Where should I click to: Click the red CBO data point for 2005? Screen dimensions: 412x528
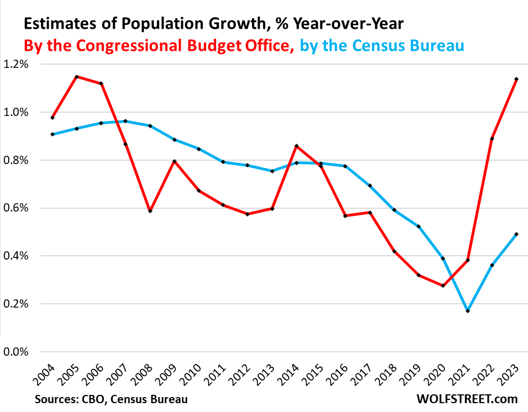tap(77, 77)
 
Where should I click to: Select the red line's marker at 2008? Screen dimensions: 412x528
tap(150, 211)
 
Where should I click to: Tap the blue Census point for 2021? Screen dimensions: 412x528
tap(468, 311)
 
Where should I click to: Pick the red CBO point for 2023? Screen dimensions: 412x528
tap(516, 79)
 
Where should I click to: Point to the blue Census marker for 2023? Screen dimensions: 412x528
tap(516, 234)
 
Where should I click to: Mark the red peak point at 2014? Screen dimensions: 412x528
tap(297, 146)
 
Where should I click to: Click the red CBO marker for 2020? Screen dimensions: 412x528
tap(443, 286)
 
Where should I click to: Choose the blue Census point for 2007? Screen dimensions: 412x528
tap(126, 121)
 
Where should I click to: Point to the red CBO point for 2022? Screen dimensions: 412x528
tap(492, 139)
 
